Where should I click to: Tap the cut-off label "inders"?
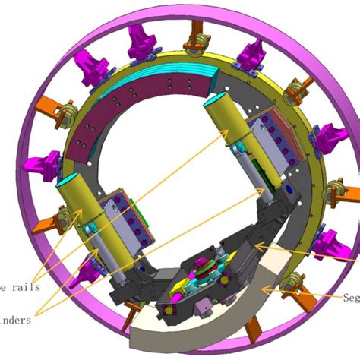tap(17, 320)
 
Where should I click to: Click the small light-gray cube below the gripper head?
tap(203, 308)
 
